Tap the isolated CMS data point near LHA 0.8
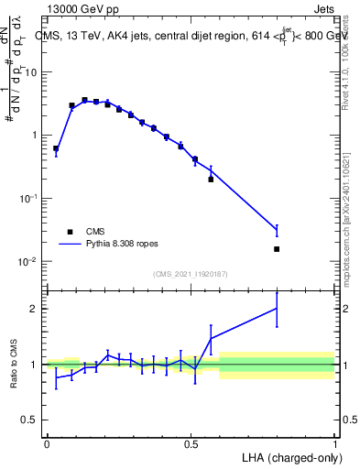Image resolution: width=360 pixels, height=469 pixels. click(277, 249)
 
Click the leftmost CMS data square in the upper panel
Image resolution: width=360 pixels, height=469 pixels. click(56, 148)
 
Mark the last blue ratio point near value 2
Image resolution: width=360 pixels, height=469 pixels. click(277, 309)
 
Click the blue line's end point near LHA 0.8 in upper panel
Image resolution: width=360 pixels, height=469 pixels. click(277, 229)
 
